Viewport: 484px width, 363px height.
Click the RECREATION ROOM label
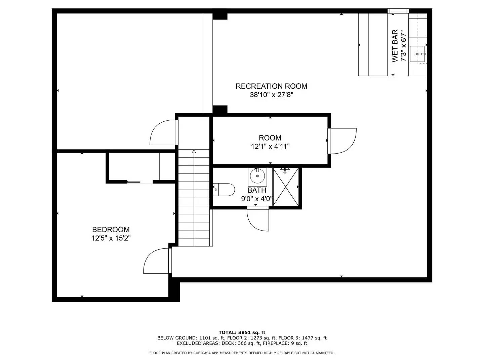click(x=271, y=86)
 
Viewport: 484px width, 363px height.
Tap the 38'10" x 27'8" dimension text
click(x=271, y=95)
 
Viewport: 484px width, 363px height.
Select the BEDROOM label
click(x=111, y=230)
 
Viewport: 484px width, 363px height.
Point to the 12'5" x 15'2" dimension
click(x=111, y=238)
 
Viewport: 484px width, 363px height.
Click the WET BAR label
click(x=395, y=46)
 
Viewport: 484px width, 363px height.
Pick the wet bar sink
click(x=417, y=54)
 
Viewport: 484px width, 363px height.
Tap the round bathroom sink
click(x=257, y=176)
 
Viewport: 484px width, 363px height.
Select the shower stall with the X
click(x=286, y=187)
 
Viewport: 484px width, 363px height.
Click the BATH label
click(x=257, y=190)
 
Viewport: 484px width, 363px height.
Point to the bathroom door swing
click(x=258, y=219)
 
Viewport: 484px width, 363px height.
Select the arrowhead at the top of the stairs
click(x=194, y=151)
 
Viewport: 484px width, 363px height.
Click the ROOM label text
click(x=270, y=138)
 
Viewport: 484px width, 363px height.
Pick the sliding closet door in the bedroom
click(x=134, y=182)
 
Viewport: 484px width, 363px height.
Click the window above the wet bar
click(x=398, y=11)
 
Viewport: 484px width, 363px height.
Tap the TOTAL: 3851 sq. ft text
click(x=242, y=332)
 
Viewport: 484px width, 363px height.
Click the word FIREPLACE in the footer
click(x=275, y=343)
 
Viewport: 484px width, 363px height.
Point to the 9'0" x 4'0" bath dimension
click(x=257, y=199)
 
